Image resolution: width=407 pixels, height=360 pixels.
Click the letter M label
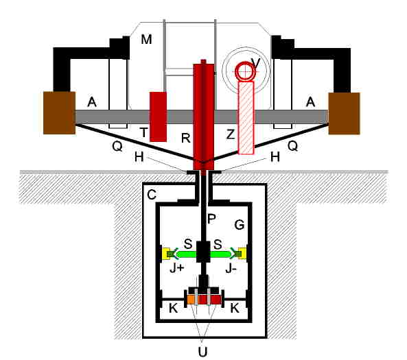click(x=146, y=39)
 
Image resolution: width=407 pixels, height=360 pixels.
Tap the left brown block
click(x=59, y=113)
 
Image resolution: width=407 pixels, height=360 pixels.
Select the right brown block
click(x=344, y=114)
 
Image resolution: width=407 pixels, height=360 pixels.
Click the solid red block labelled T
click(x=158, y=117)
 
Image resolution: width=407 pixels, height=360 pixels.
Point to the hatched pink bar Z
click(x=246, y=118)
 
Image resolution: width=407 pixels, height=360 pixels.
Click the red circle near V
click(x=244, y=71)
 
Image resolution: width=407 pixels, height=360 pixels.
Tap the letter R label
click(x=186, y=139)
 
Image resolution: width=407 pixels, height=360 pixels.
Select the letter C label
click(x=152, y=195)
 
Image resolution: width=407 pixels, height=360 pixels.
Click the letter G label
click(x=240, y=225)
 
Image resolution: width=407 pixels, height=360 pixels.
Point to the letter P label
click(x=211, y=219)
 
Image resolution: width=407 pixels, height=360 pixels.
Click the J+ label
click(x=177, y=269)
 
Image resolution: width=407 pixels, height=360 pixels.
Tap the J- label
click(x=231, y=269)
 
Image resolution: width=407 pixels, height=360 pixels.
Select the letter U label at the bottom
click(x=202, y=352)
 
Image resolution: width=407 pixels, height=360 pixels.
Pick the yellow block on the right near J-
click(x=242, y=254)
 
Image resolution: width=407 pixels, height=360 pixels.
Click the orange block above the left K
click(x=191, y=300)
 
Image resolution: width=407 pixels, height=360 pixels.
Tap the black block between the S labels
click(x=203, y=252)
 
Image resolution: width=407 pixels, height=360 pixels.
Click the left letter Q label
click(x=117, y=147)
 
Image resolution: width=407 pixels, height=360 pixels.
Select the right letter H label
click(x=275, y=157)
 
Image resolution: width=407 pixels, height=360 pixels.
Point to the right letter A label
click(x=310, y=102)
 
